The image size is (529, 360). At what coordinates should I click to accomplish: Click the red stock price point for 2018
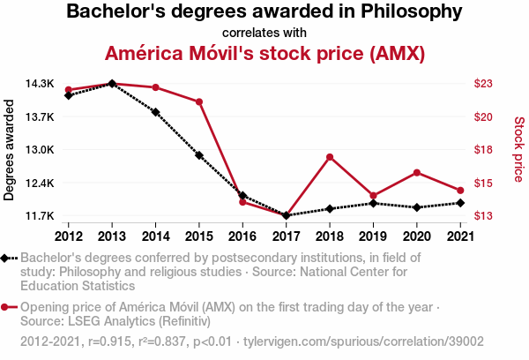coord(329,157)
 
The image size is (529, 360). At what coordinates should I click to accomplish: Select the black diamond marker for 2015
coord(199,155)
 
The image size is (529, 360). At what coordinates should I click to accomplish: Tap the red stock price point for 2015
coord(199,101)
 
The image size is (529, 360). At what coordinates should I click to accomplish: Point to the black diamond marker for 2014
coord(156,112)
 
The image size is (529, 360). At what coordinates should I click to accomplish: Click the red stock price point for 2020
coord(416,172)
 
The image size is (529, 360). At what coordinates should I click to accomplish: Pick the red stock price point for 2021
coord(459,191)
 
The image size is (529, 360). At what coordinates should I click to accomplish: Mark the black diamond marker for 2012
coord(69,95)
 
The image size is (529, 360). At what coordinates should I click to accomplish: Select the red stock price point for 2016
coord(242,202)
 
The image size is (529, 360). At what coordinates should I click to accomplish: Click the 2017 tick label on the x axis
coord(286,236)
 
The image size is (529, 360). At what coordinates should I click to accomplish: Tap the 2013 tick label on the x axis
coord(112,236)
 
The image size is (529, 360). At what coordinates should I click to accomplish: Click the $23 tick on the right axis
coord(483,84)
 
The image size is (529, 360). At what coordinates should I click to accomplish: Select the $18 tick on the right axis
coord(483,150)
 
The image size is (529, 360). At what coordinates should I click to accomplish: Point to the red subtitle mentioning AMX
coord(264,53)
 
